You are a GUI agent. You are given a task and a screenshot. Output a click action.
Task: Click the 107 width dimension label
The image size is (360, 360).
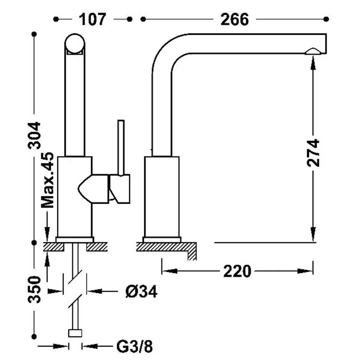pyautogui.click(x=92, y=19)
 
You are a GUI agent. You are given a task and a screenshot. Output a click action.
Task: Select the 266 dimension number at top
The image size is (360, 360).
pyautogui.click(x=234, y=19)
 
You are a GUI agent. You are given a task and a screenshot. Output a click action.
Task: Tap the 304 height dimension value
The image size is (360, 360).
pyautogui.click(x=35, y=135)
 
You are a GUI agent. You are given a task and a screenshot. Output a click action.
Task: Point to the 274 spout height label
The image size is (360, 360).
pyautogui.click(x=313, y=153)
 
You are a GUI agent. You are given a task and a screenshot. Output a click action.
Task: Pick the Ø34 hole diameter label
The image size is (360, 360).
pyautogui.click(x=141, y=291)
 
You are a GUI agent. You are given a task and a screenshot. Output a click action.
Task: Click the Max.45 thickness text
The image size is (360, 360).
pyautogui.click(x=47, y=180)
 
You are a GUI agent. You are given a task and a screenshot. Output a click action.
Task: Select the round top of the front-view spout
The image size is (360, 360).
pyautogui.click(x=75, y=44)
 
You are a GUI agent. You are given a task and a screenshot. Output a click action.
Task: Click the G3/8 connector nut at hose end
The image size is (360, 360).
pyautogui.click(x=75, y=333)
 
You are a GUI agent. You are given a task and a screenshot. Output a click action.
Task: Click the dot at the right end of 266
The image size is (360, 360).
pyautogui.click(x=326, y=19)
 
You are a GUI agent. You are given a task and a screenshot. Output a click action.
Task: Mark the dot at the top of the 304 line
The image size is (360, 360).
pyautogui.click(x=34, y=34)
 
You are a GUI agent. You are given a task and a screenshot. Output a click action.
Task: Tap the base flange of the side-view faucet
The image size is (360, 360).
pyautogui.click(x=162, y=240)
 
